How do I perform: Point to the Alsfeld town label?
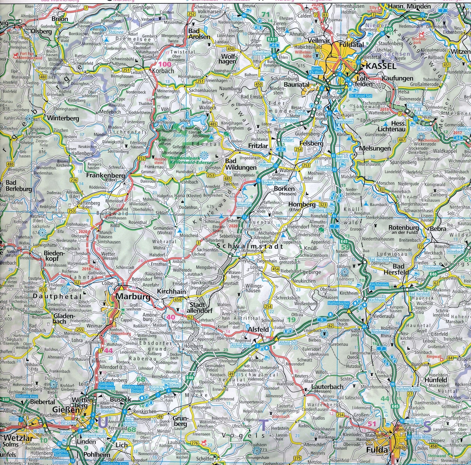click(x=258, y=329)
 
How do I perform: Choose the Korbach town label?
click(x=163, y=71)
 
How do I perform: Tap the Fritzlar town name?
click(x=258, y=146)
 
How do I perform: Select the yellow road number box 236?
click(x=74, y=180)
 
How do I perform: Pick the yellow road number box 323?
click(x=323, y=205)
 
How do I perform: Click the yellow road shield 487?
click(x=402, y=140)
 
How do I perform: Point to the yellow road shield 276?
click(x=195, y=443)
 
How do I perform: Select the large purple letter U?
click(x=102, y=424)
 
